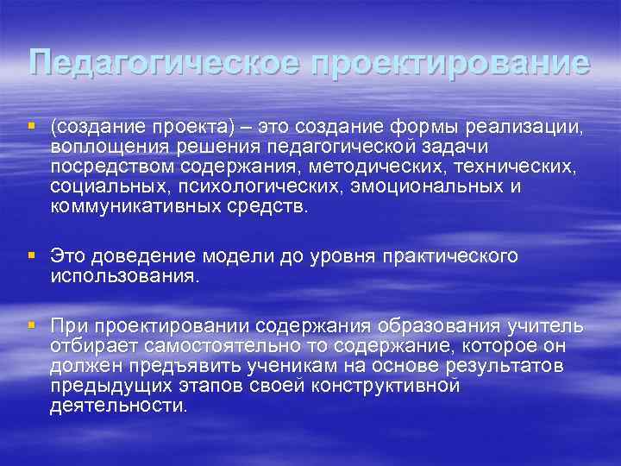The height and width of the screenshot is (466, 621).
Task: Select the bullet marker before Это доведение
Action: [32, 255]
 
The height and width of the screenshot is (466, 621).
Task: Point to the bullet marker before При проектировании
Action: [32, 324]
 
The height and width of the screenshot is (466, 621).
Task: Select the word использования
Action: [123, 276]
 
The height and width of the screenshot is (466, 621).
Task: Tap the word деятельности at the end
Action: [117, 404]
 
